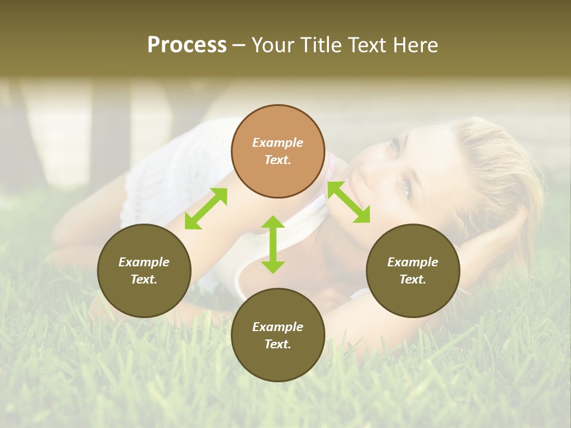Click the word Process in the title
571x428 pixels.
[x=187, y=45]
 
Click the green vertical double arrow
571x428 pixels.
[x=273, y=244]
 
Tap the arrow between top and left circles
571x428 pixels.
[x=206, y=209]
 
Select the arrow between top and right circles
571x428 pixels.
[x=349, y=202]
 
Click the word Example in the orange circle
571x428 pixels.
[x=278, y=143]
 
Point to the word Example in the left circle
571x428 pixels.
[x=144, y=262]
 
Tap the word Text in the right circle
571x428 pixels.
[x=413, y=279]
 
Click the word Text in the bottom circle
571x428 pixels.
[x=278, y=344]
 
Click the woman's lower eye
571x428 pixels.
[x=407, y=188]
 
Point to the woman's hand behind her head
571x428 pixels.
[x=506, y=238]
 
